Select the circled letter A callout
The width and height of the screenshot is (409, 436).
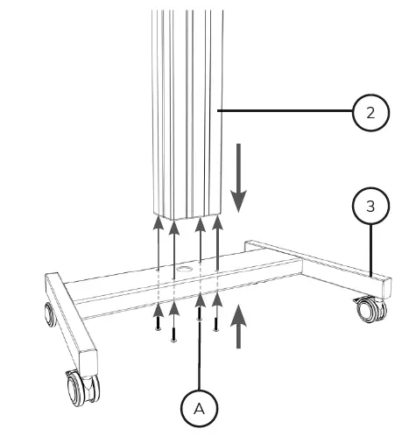[201, 407]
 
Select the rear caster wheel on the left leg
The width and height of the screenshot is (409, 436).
[47, 313]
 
